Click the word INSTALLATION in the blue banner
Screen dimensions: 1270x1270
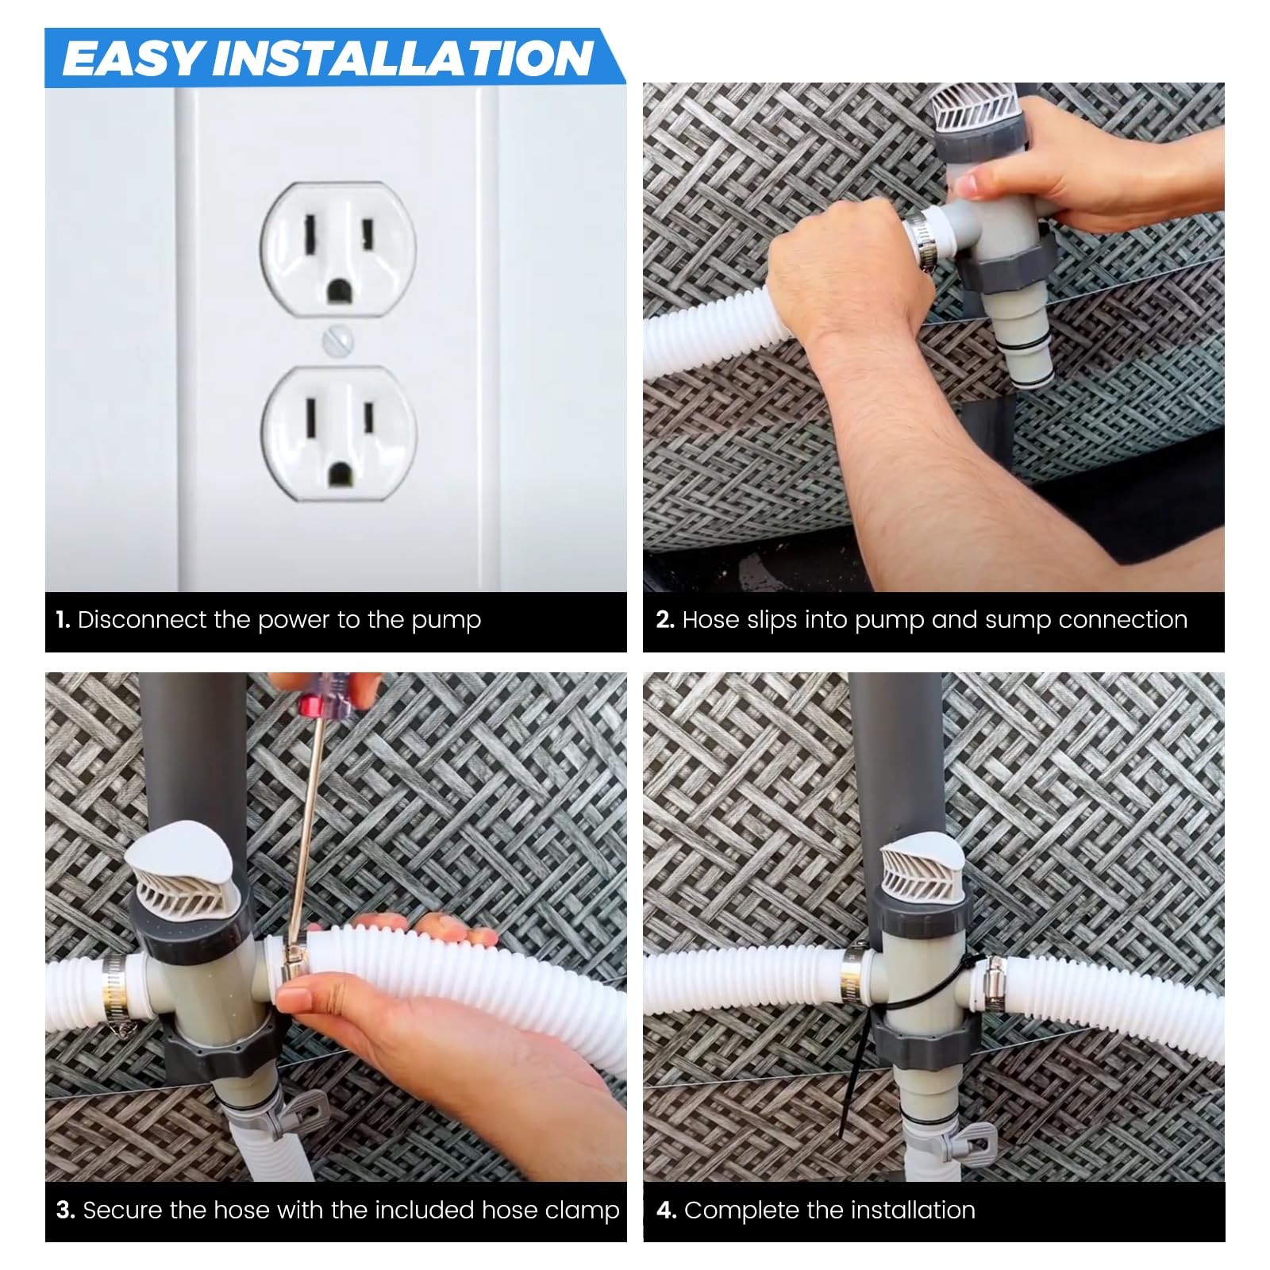403,59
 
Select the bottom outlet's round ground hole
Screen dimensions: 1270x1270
339,472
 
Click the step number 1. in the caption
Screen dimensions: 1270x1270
63,620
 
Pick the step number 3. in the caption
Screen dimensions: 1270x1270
65,1210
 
